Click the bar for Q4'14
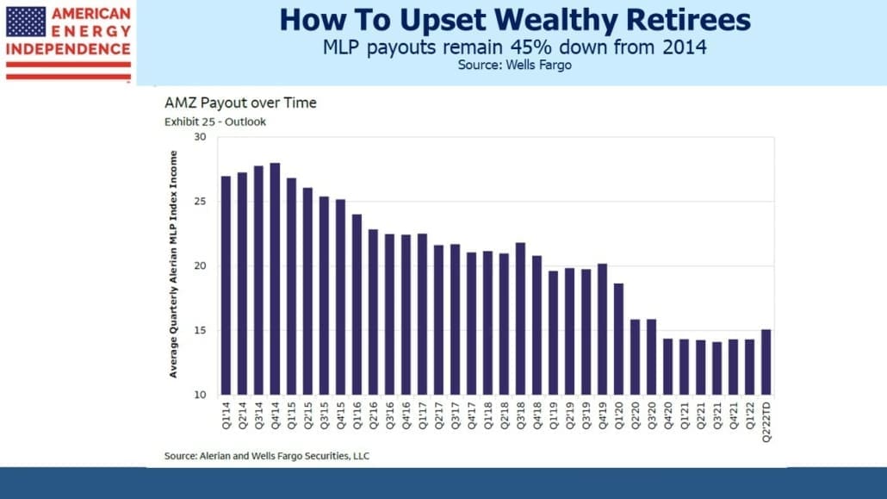[x=275, y=278]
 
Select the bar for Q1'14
[x=226, y=285]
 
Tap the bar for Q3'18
[x=520, y=319]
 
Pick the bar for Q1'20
[x=619, y=340]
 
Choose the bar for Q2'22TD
[x=766, y=363]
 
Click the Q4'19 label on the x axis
[x=603, y=415]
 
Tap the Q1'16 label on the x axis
[x=357, y=415]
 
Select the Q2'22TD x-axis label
[x=766, y=421]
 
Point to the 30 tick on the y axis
[x=200, y=137]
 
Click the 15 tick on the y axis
[x=200, y=330]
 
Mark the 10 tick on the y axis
[x=200, y=395]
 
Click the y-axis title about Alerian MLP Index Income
[x=173, y=265]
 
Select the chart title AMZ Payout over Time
[x=240, y=103]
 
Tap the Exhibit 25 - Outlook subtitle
[x=215, y=122]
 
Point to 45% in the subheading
[x=530, y=47]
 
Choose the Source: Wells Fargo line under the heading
[x=515, y=65]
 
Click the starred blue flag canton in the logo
[x=26, y=22]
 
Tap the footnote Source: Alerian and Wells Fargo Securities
[x=267, y=456]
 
